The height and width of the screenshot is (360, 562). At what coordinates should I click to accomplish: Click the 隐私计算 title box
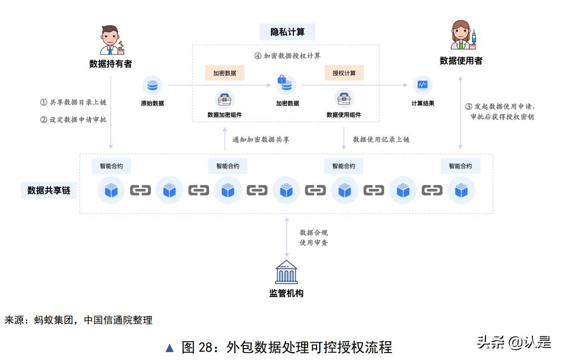click(287, 32)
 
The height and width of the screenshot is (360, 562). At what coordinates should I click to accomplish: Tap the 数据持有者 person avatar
click(111, 40)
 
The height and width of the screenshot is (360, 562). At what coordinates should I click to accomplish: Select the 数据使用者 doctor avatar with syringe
click(462, 36)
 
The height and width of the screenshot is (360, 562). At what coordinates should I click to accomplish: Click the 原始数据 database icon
click(152, 86)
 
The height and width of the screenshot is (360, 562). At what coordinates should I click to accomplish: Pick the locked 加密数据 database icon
click(286, 85)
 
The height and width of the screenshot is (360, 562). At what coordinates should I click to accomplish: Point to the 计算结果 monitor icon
click(423, 85)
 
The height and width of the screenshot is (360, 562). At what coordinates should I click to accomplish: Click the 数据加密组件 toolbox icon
click(225, 99)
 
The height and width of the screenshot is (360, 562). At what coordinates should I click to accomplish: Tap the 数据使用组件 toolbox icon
click(344, 99)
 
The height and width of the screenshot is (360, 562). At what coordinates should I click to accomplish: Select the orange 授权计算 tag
click(344, 73)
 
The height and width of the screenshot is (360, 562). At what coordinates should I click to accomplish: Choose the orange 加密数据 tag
click(225, 73)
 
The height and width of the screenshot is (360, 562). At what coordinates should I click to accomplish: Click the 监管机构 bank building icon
click(286, 271)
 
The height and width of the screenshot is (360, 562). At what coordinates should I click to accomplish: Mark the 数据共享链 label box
click(48, 190)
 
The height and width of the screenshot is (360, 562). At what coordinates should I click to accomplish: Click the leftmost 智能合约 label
click(111, 166)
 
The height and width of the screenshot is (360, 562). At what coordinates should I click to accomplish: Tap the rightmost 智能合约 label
click(460, 166)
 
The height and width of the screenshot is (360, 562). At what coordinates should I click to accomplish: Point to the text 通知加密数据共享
click(261, 139)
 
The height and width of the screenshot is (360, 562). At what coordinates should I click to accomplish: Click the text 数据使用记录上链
click(381, 139)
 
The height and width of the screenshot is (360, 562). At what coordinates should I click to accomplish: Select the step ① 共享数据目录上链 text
click(73, 102)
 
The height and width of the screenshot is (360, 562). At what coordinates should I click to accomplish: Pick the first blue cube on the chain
click(111, 190)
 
